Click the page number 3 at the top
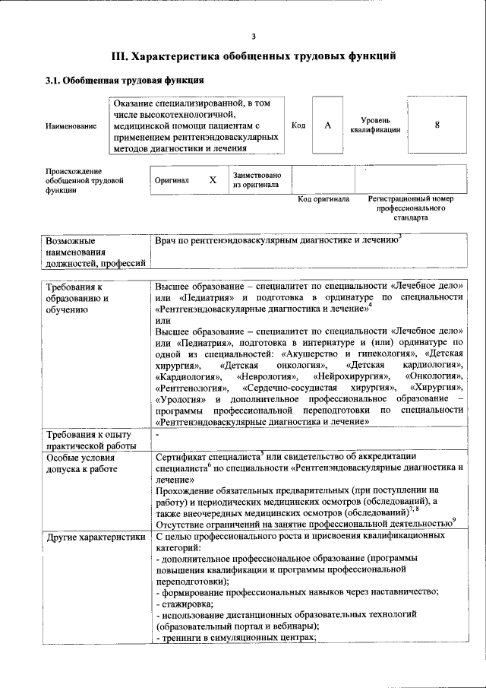click(254, 36)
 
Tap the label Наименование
click(71, 125)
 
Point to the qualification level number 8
click(437, 125)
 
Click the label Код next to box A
click(298, 125)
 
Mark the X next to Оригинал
click(213, 180)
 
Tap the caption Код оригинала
click(323, 199)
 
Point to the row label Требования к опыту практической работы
click(91, 440)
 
